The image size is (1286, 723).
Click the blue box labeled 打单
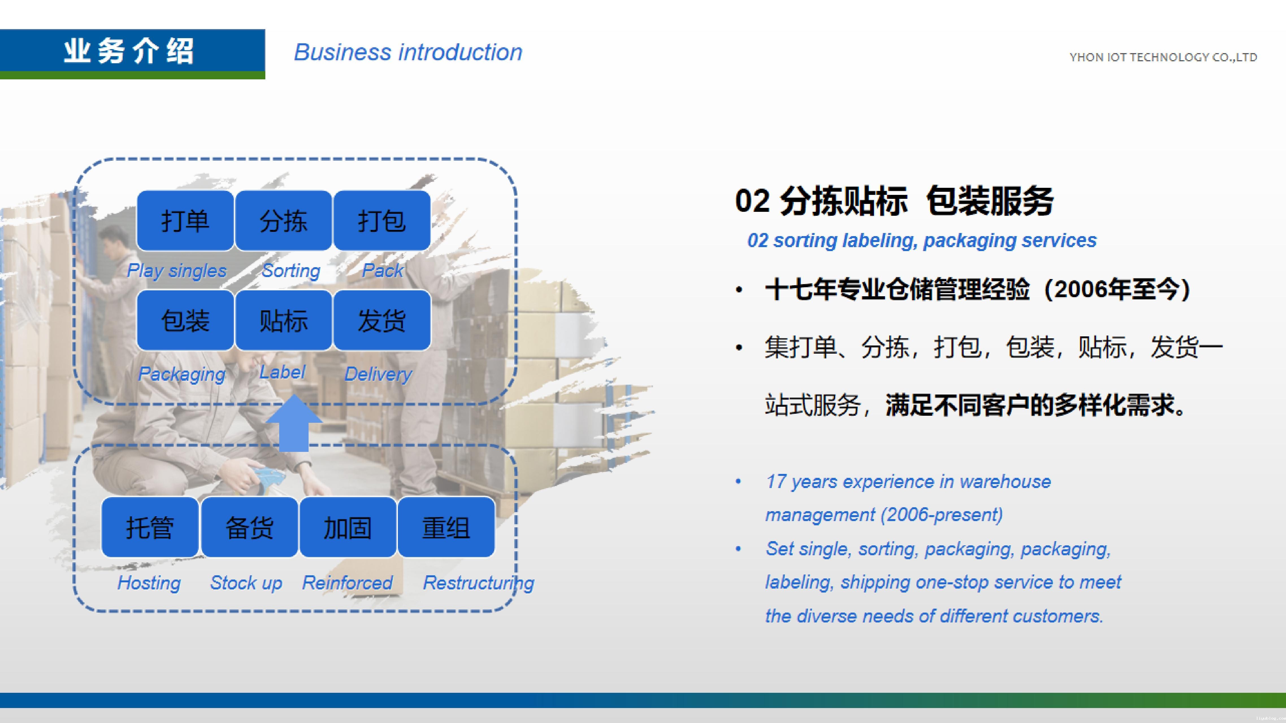(x=185, y=221)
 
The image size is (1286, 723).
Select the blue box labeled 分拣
(x=283, y=221)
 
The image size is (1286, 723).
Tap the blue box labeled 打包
(x=382, y=221)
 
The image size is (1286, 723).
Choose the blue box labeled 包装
(x=185, y=320)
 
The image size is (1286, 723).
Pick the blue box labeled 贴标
(x=283, y=320)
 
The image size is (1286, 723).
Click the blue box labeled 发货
(x=382, y=320)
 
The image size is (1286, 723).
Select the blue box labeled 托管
(x=150, y=527)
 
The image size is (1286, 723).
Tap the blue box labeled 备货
(x=250, y=527)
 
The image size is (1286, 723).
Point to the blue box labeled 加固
(x=348, y=527)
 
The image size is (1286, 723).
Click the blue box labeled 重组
(x=446, y=527)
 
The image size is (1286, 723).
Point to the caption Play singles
(x=177, y=271)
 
